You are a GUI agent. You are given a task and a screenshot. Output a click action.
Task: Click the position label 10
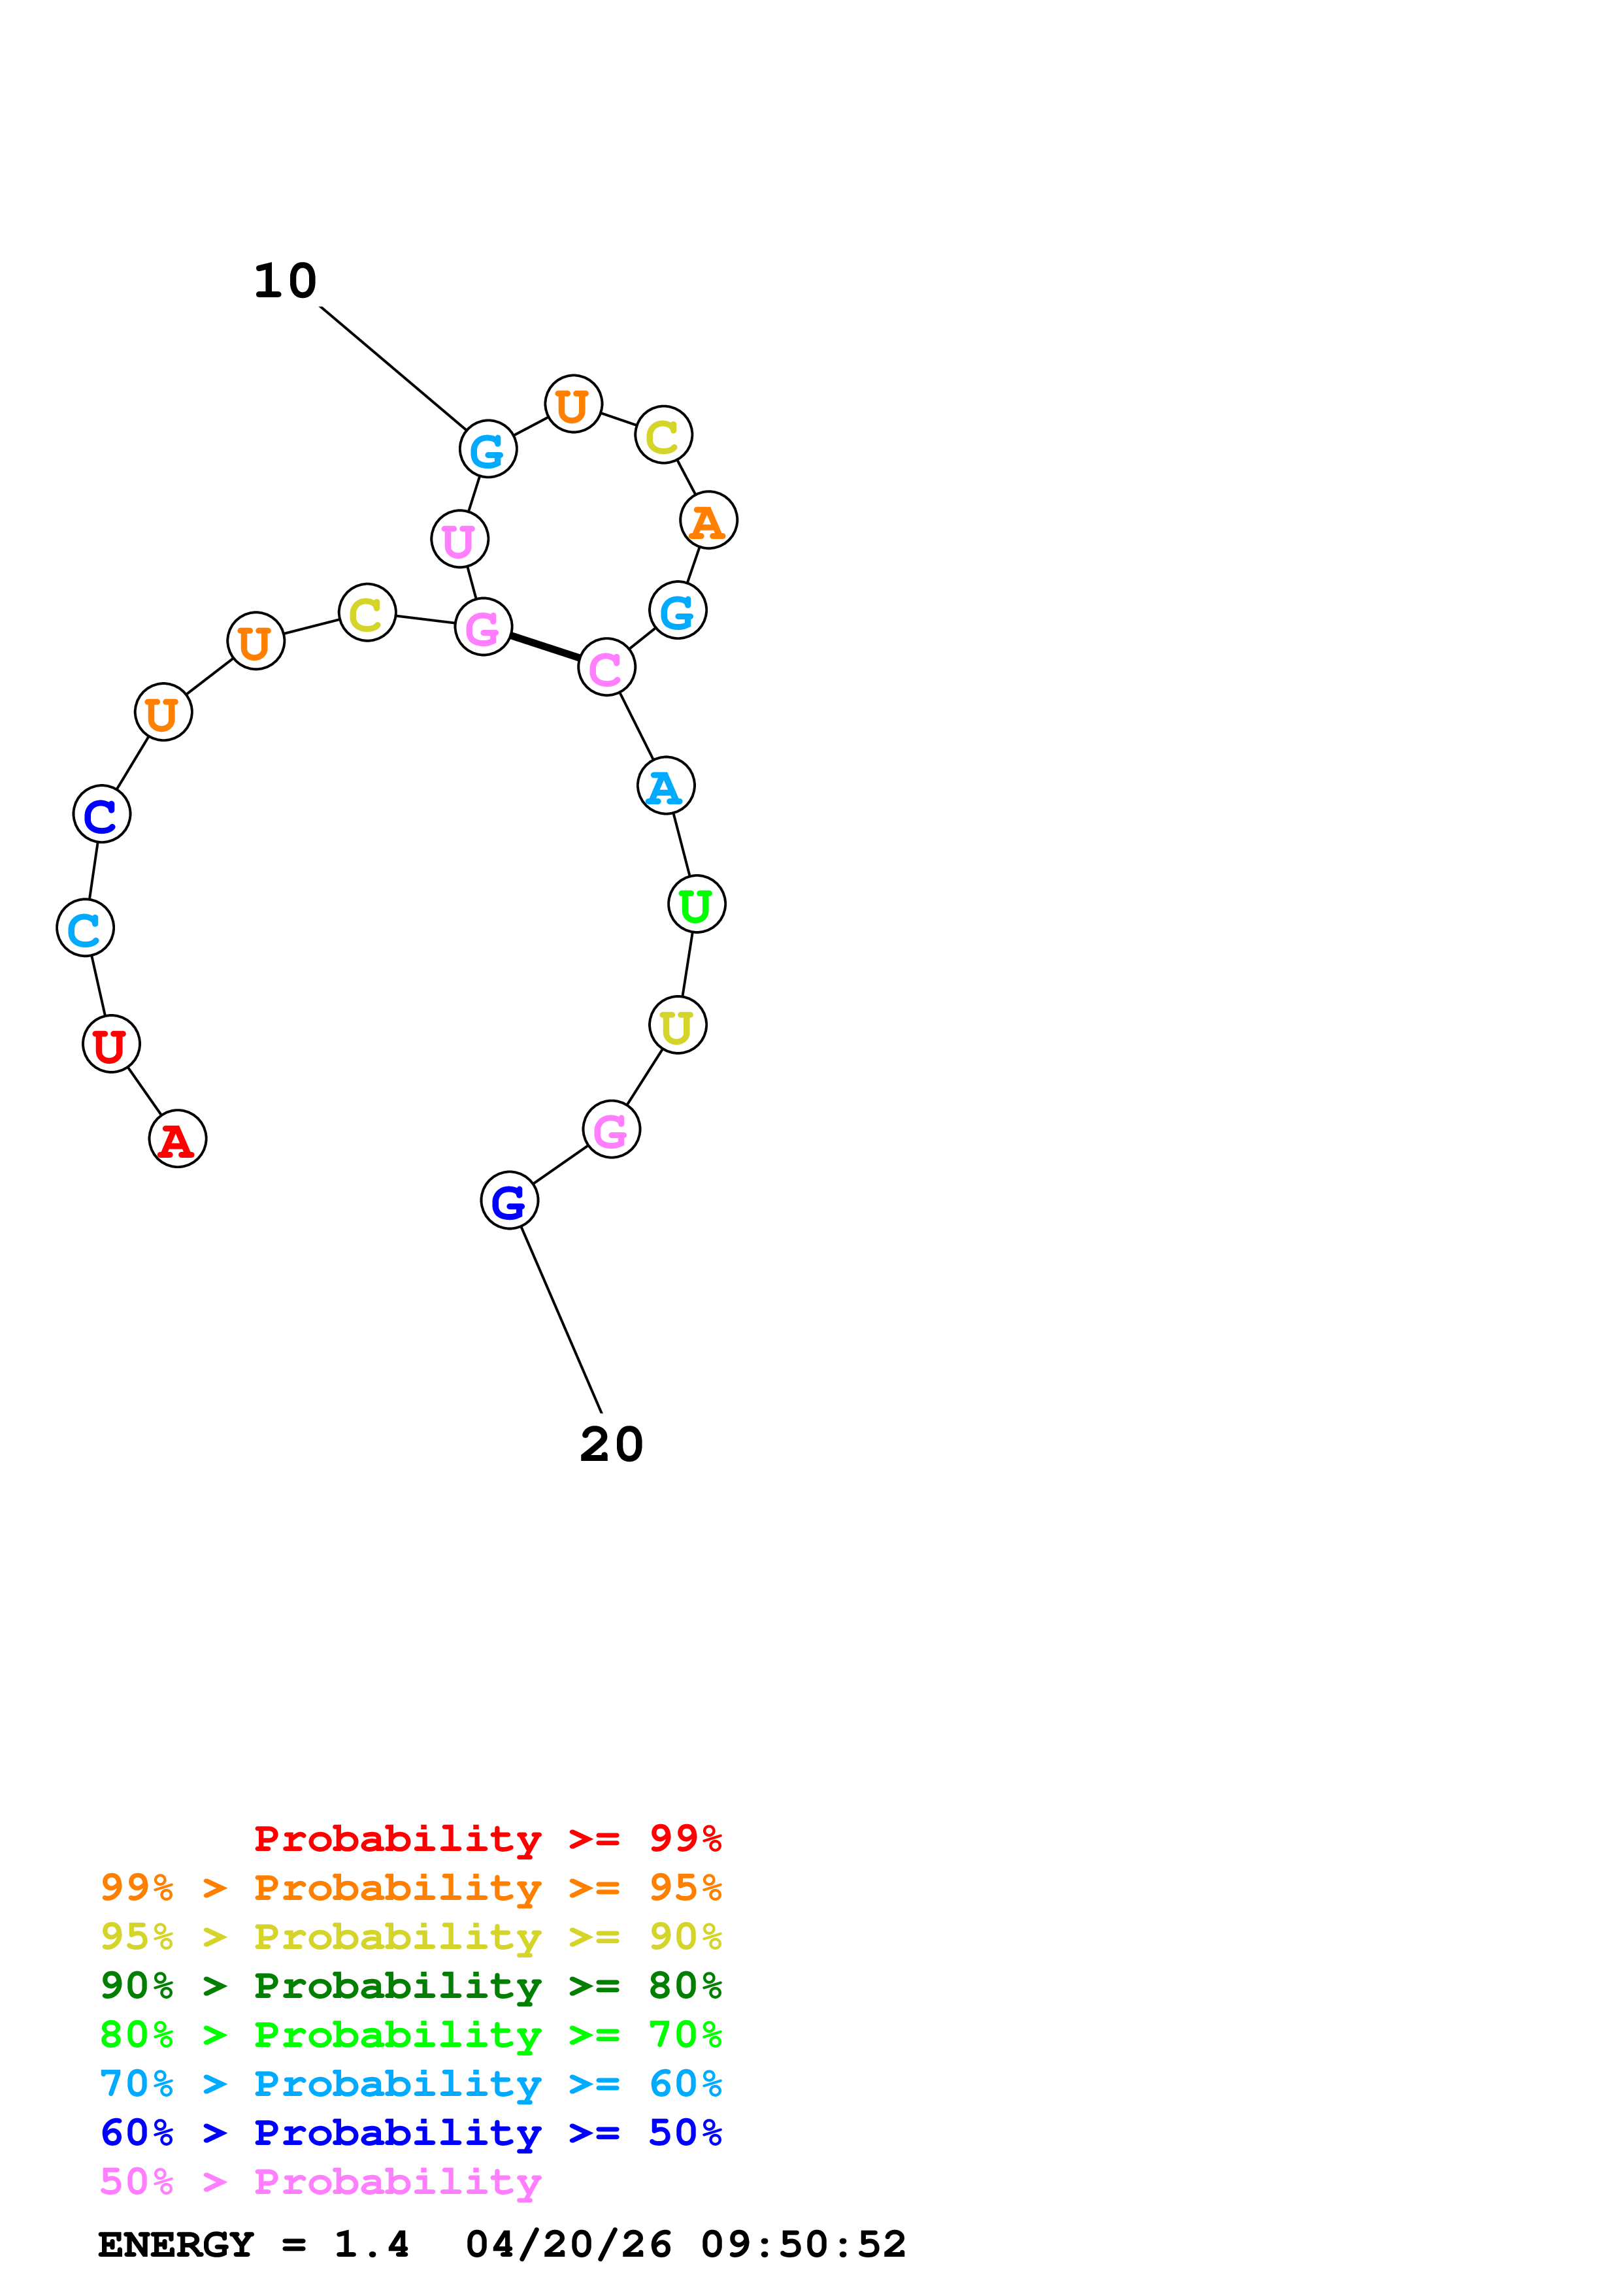pyautogui.click(x=286, y=282)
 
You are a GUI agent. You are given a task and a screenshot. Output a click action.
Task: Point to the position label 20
pyautogui.click(x=612, y=1445)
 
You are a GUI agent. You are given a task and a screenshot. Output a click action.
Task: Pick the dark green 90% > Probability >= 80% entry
pyautogui.click(x=411, y=1986)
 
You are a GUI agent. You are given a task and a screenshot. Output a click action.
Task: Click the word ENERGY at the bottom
pyautogui.click(x=176, y=2245)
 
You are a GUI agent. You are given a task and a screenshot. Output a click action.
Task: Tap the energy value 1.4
pyautogui.click(x=371, y=2245)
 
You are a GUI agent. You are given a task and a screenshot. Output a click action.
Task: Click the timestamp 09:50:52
pyautogui.click(x=804, y=2245)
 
